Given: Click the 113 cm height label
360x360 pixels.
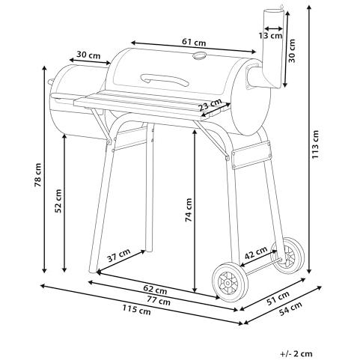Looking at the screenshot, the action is click(x=316, y=144).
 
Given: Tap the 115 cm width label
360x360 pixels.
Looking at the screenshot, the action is click(x=137, y=310).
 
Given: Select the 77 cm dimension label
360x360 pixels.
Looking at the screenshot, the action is click(x=159, y=300).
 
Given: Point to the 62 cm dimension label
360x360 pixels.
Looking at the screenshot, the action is click(x=155, y=290).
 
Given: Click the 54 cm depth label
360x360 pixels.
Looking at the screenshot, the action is click(x=290, y=308).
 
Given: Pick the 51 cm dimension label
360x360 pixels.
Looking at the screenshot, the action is click(x=278, y=298).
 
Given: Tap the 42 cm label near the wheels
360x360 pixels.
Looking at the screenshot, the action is click(x=256, y=252).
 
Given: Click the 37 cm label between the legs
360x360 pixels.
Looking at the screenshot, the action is click(x=119, y=255).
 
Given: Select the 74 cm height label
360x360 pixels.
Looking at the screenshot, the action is click(x=189, y=210).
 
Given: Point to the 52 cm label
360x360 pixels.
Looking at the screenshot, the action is click(x=58, y=201).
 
